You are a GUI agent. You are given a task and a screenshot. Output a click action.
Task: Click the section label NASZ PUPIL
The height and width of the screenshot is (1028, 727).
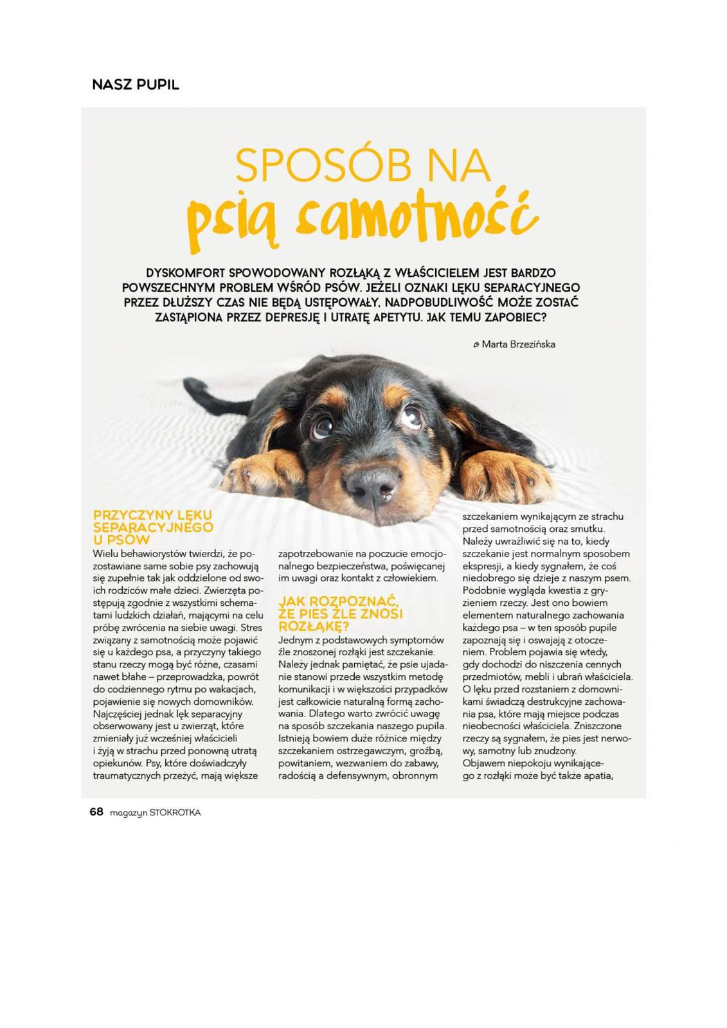pyautogui.click(x=136, y=84)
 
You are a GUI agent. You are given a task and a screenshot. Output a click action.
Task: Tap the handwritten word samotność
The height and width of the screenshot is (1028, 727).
pyautogui.click(x=415, y=215)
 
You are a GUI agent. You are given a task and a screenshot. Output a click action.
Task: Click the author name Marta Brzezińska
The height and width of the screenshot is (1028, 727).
pyautogui.click(x=518, y=344)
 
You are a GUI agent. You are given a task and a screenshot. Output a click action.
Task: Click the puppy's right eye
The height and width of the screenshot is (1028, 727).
pyautogui.click(x=412, y=417)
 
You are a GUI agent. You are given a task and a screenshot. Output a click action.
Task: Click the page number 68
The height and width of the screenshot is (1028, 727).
pyautogui.click(x=96, y=812)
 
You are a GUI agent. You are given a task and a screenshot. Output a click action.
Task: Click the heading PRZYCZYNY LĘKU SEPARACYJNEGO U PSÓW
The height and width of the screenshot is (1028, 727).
pyautogui.click(x=153, y=527)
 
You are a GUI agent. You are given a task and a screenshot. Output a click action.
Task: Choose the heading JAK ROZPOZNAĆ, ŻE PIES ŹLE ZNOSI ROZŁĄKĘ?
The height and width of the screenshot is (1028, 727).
pyautogui.click(x=341, y=614)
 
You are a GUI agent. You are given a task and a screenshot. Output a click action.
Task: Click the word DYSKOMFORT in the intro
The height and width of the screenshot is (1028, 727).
pyautogui.click(x=186, y=272)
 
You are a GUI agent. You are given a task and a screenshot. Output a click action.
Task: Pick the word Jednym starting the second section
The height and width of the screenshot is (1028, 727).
pyautogui.click(x=294, y=640)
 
